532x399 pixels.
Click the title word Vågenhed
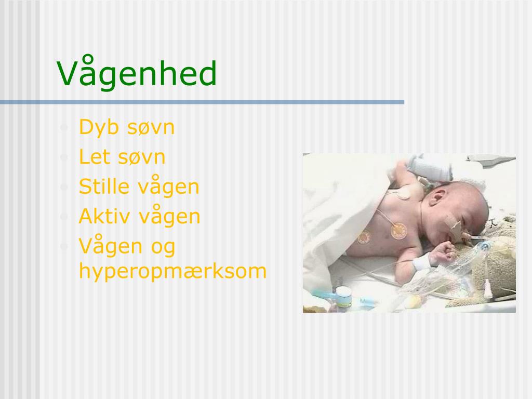[x=137, y=74]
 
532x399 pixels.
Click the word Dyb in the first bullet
[x=98, y=127]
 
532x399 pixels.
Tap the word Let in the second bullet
[x=94, y=156]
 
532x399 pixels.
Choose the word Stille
[x=104, y=187]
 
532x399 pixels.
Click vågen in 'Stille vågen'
[x=168, y=188]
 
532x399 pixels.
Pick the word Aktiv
[x=103, y=216]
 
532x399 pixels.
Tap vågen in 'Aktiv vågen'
[x=169, y=217]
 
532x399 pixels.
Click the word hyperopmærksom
[x=172, y=271]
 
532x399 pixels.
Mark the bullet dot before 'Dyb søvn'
[x=64, y=127]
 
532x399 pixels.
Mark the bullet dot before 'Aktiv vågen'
[x=64, y=217]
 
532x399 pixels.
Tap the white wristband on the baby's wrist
[x=422, y=263]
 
